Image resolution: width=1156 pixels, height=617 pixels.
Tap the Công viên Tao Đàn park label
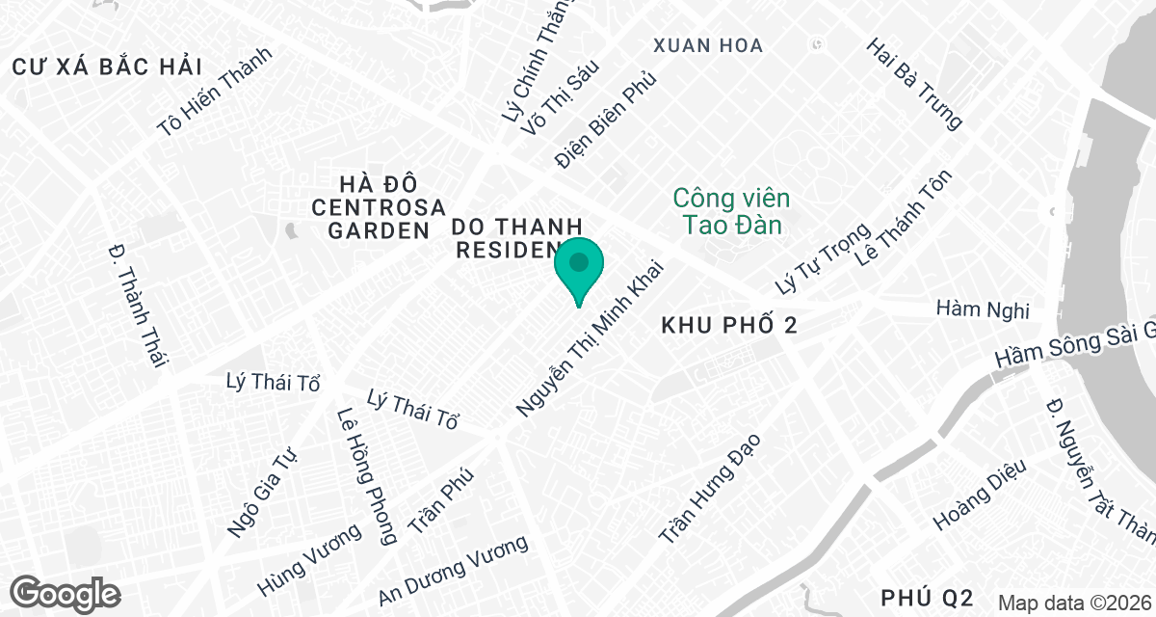731,212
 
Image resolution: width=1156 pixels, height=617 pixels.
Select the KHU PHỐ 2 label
729,327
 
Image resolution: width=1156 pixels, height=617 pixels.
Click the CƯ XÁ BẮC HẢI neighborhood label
107,67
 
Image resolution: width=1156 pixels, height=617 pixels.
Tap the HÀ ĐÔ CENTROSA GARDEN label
379,207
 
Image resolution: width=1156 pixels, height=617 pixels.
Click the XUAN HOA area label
707,45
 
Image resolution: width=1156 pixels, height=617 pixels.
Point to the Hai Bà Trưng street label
914,84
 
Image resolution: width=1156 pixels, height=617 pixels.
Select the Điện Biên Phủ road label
606,118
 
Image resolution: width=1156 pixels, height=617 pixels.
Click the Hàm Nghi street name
983,309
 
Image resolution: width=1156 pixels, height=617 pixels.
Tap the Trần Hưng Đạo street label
710,487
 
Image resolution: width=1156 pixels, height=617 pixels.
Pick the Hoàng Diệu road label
980,495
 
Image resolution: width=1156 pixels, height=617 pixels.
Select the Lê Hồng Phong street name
366,476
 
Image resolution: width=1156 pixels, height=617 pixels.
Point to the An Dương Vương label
454,571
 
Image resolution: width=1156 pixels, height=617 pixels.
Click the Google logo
66,592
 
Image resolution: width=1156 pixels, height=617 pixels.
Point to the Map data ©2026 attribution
1074,604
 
